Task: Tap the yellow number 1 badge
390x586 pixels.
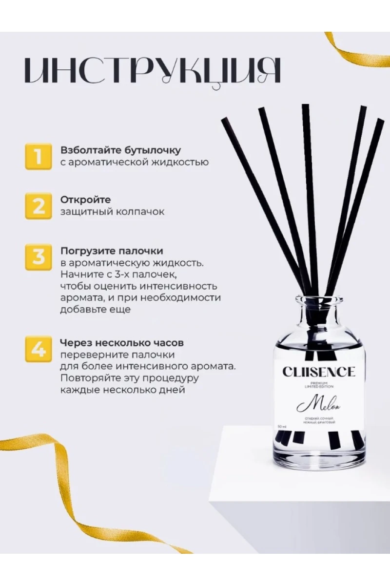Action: coord(38,156)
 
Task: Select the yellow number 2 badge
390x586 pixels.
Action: coord(38,206)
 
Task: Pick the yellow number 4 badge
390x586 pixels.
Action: coord(38,348)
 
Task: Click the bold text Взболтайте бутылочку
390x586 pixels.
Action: coord(120,150)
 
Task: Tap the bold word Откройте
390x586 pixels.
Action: coord(85,200)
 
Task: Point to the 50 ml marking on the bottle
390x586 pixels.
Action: coord(282,426)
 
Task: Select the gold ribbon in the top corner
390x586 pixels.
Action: coord(356,51)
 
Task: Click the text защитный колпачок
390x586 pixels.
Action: coord(112,212)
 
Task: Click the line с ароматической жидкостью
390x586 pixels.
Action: coord(134,162)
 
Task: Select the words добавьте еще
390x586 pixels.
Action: coord(95,310)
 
